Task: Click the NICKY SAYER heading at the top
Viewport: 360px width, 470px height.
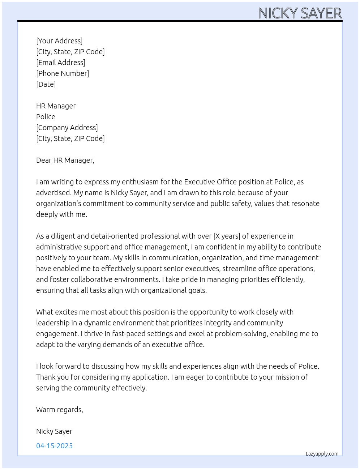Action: click(300, 13)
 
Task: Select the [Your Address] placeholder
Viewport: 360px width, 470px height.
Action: click(59, 41)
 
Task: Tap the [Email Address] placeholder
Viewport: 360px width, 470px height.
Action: click(61, 63)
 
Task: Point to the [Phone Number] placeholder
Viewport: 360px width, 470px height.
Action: click(63, 73)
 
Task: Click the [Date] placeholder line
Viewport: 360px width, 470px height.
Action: click(46, 84)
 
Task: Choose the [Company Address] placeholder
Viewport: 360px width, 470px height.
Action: click(67, 128)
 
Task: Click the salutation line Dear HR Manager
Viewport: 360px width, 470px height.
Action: click(65, 160)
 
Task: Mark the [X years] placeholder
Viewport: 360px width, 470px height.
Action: click(227, 236)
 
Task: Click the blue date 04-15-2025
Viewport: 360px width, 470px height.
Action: click(54, 446)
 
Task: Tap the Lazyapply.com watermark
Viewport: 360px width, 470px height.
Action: click(322, 454)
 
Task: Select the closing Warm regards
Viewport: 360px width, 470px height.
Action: click(60, 410)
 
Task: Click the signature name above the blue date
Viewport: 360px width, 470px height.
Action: click(54, 431)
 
